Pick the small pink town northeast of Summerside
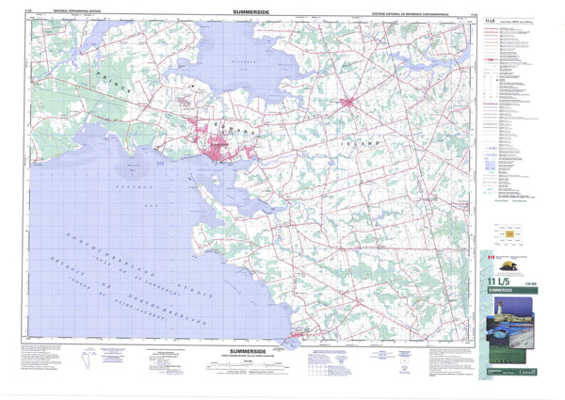(x=347, y=102)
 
